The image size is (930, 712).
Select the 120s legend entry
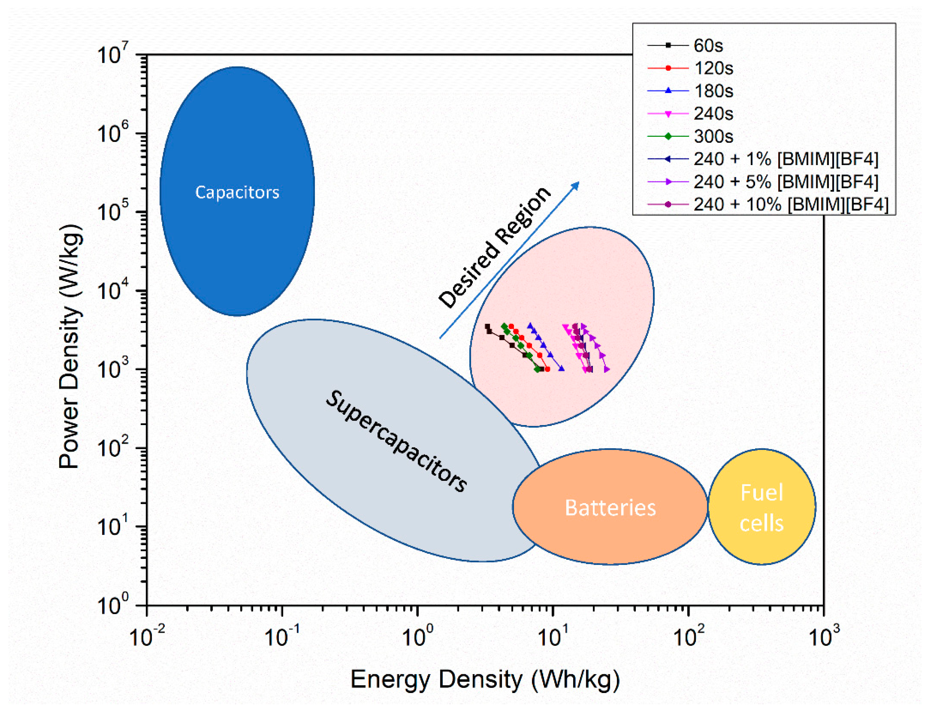click(x=690, y=68)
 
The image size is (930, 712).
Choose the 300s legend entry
click(x=690, y=136)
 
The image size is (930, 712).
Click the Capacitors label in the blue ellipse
click(x=237, y=192)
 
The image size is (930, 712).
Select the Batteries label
click(x=610, y=507)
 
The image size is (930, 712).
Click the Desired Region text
click(x=495, y=248)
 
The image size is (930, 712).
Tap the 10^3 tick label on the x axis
click(x=823, y=636)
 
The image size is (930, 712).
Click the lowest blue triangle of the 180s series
click(x=562, y=369)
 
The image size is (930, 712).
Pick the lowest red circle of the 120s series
click(x=548, y=369)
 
